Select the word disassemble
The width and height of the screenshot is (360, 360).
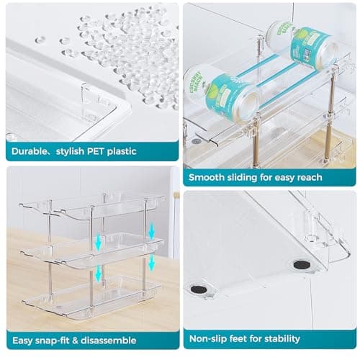[110, 338]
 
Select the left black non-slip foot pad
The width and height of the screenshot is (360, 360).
[198, 290]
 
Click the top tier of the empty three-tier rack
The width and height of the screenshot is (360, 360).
[94, 206]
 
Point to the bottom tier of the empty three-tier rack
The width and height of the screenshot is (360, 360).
[94, 295]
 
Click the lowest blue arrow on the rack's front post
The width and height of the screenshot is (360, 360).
[99, 276]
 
